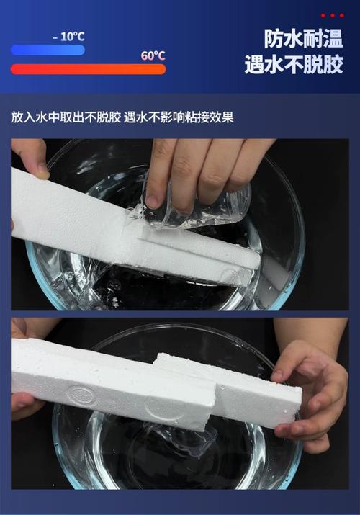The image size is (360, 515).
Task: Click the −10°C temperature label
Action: pyautogui.click(x=68, y=37)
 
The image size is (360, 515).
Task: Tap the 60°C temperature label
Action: pyautogui.click(x=153, y=56)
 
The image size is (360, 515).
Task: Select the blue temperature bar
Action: pyautogui.click(x=48, y=50)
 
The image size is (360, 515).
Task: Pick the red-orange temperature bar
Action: pyautogui.click(x=89, y=69)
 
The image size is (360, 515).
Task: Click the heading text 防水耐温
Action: pyautogui.click(x=303, y=39)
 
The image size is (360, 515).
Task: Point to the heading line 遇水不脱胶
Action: pyautogui.click(x=294, y=63)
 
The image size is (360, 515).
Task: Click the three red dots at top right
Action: pyautogui.click(x=333, y=15)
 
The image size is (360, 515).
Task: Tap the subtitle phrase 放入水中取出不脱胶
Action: pyautogui.click(x=66, y=117)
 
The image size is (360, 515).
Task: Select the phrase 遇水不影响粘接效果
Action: pyautogui.click(x=179, y=117)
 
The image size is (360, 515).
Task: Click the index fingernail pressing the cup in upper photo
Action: pyautogui.click(x=152, y=202)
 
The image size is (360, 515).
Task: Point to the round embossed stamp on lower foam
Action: pyautogui.click(x=78, y=393)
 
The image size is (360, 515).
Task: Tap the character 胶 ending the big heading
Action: pyautogui.click(x=333, y=63)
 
